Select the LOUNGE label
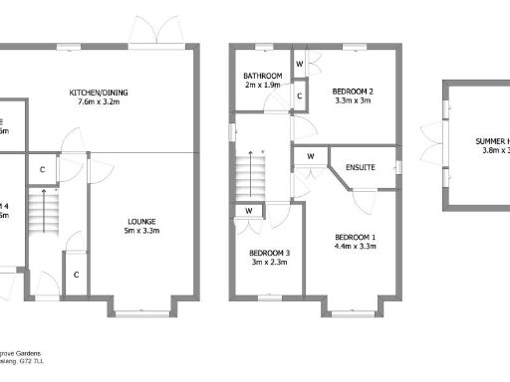140,221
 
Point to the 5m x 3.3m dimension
140,231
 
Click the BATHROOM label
263,77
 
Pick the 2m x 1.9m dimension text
263,86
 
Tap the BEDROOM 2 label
353,90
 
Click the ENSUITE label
361,166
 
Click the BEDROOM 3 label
269,253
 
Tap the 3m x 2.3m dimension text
269,263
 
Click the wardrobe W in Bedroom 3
248,211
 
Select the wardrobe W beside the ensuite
311,156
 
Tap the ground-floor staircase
39,210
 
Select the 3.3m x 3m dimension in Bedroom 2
353,99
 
